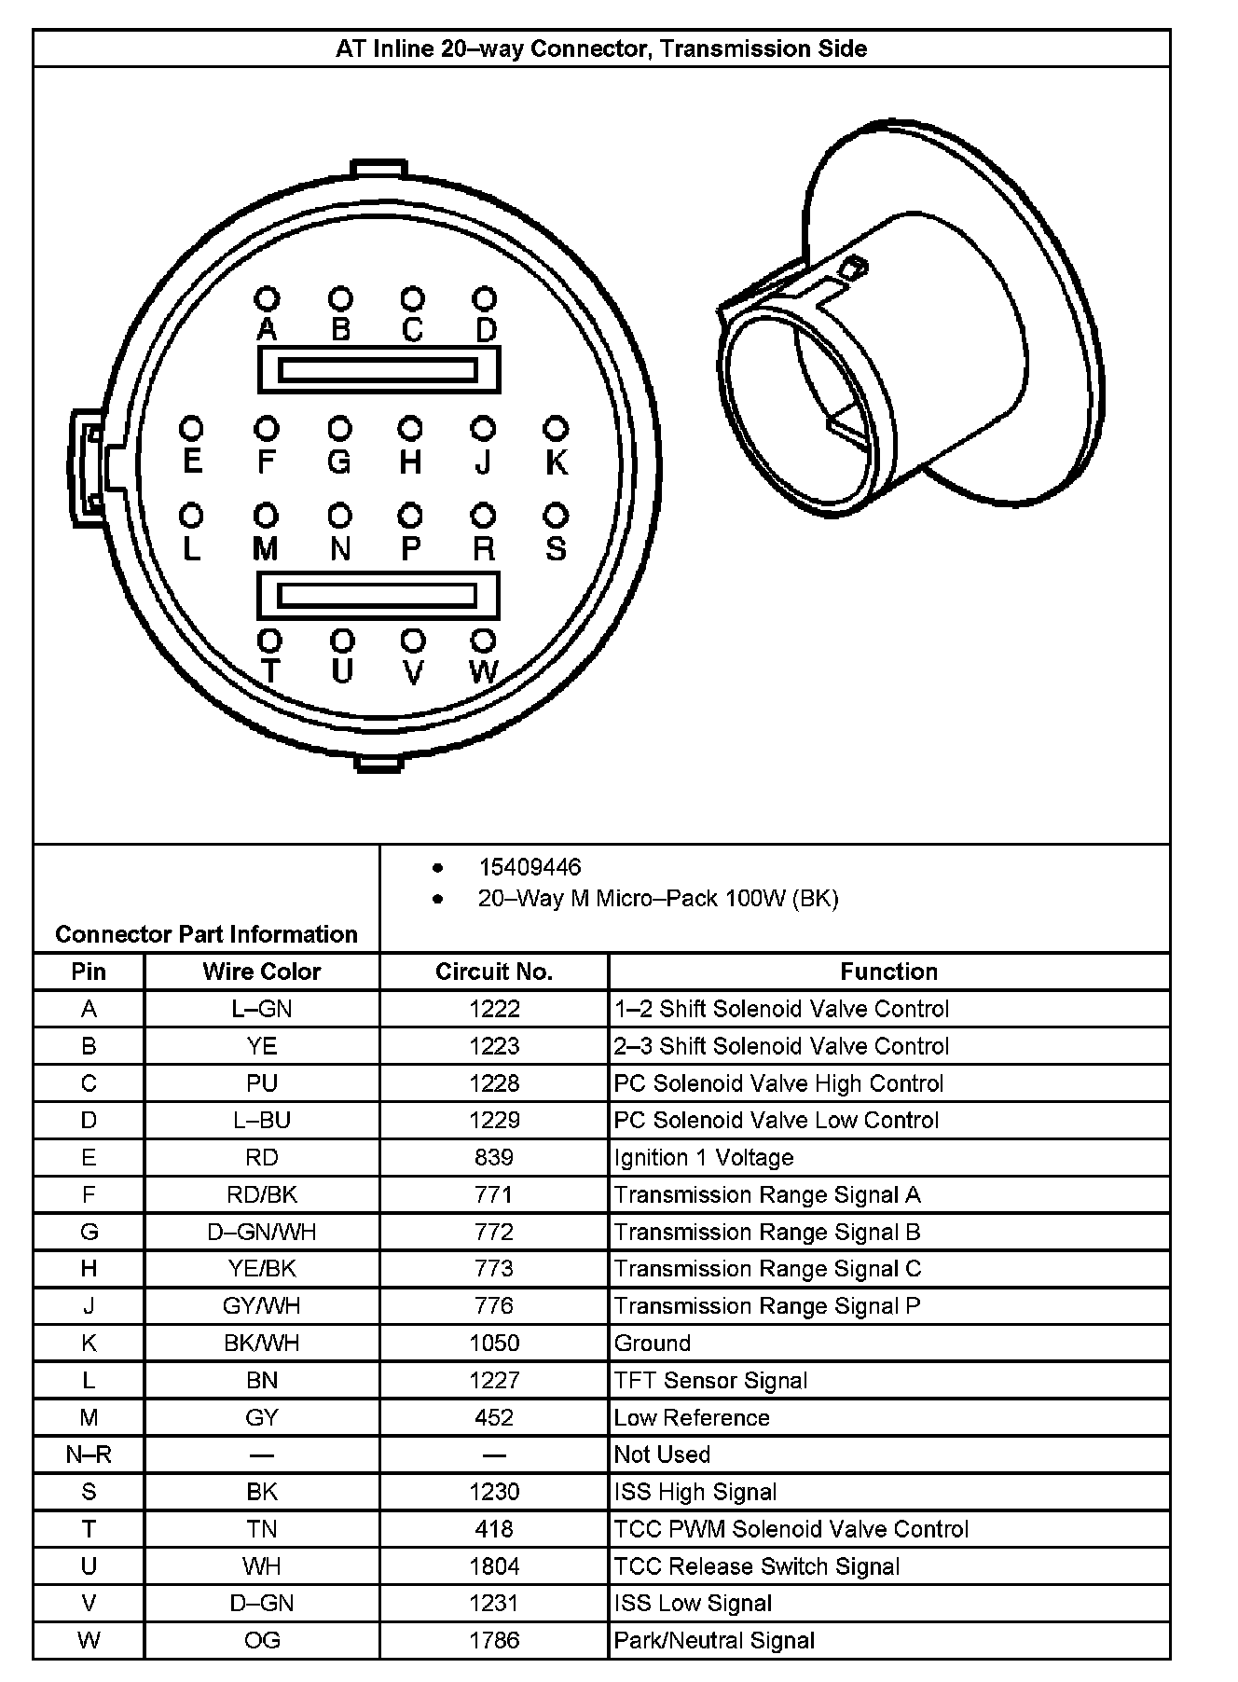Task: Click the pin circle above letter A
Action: click(268, 298)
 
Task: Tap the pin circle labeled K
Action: click(556, 429)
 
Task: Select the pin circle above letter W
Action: click(483, 641)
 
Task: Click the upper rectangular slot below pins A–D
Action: click(378, 369)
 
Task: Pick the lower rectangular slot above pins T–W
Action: click(378, 595)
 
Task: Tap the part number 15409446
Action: click(530, 867)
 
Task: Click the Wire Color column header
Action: click(261, 972)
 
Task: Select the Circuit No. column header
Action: click(494, 972)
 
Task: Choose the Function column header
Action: click(888, 972)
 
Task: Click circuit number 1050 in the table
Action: click(494, 1343)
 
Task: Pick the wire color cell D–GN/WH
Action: click(261, 1232)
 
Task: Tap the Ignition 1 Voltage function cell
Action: click(704, 1157)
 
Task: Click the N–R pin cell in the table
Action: click(89, 1455)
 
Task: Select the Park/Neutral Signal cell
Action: click(714, 1640)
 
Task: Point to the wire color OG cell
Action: click(261, 1640)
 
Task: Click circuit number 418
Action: click(494, 1529)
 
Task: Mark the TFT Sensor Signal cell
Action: click(710, 1380)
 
